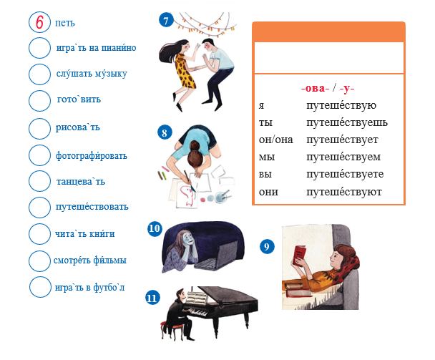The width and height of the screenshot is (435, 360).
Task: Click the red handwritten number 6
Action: tap(39, 22)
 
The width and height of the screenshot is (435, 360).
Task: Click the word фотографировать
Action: tap(92, 155)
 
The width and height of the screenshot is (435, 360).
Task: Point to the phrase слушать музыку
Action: tap(92, 74)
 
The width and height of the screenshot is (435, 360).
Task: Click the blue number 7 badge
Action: tap(166, 20)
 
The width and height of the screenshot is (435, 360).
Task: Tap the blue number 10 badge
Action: tap(155, 229)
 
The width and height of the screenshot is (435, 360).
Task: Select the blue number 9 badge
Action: tap(267, 247)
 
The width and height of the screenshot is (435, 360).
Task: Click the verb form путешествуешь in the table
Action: tap(347, 122)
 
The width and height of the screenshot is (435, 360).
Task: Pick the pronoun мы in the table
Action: tap(267, 157)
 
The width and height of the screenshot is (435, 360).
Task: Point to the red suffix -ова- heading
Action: tap(315, 88)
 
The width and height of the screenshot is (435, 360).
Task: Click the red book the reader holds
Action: tap(299, 256)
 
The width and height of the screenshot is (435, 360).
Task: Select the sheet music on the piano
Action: tap(197, 298)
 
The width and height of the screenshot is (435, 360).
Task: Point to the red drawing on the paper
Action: tap(187, 195)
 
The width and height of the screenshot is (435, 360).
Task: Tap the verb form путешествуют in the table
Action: tap(344, 192)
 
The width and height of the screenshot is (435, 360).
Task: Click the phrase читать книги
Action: tap(85, 234)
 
